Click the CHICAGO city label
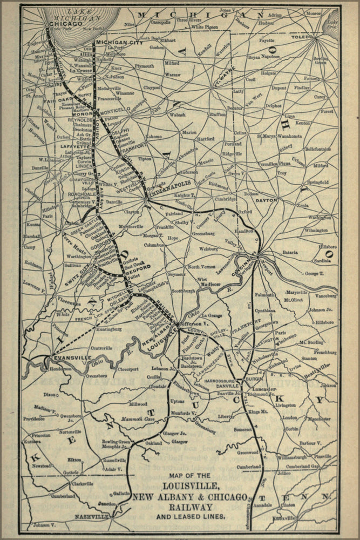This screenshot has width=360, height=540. pyautogui.click(x=65, y=24)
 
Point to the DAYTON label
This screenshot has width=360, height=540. pyautogui.click(x=267, y=200)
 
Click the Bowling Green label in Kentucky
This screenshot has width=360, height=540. pyautogui.click(x=116, y=442)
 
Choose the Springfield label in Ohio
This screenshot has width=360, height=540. pyautogui.click(x=317, y=183)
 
